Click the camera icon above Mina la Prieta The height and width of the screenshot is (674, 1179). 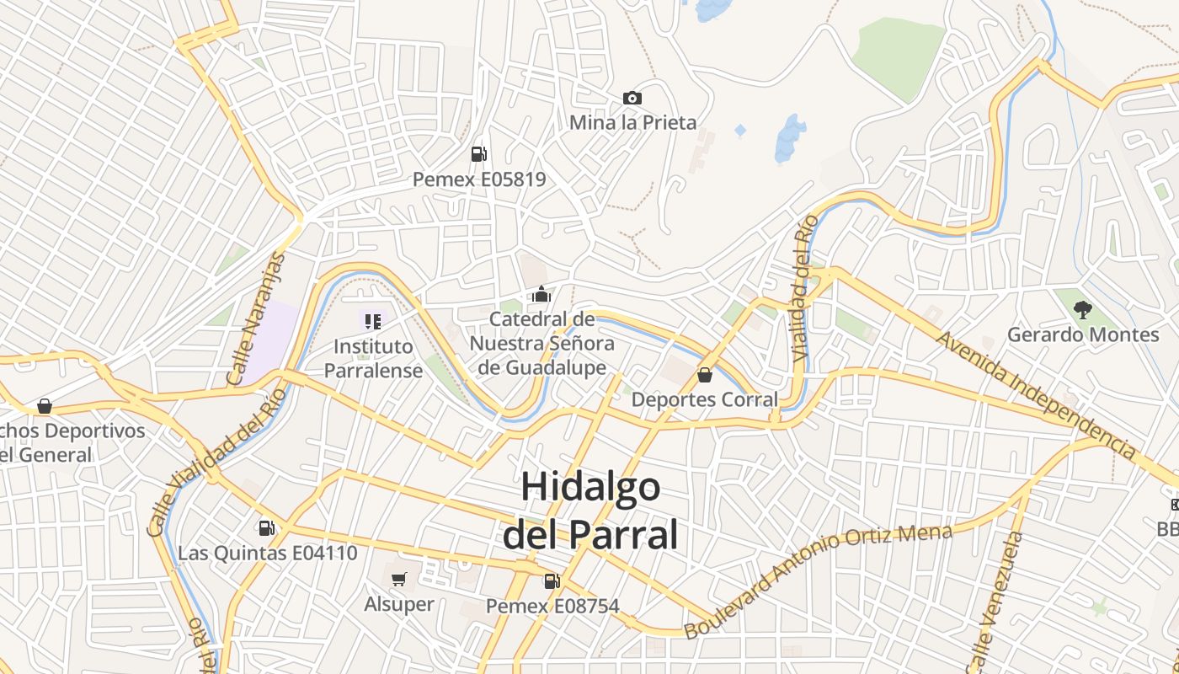(x=632, y=99)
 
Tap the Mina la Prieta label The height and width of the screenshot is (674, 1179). (x=632, y=123)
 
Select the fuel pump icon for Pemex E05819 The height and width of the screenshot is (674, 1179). (x=478, y=153)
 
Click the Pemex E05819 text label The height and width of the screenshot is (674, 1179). (x=478, y=179)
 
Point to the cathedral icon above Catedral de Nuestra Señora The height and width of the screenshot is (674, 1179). (x=541, y=294)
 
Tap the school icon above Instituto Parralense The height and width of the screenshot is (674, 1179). (x=373, y=321)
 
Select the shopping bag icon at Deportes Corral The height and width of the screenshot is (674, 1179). (x=705, y=375)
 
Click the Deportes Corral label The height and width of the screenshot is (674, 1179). (x=705, y=399)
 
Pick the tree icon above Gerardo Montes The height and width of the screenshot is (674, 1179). (x=1083, y=309)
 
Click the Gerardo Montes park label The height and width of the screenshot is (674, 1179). (x=1083, y=335)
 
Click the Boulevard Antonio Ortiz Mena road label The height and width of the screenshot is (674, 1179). (x=817, y=580)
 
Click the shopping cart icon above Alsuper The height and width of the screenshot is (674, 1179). (x=399, y=579)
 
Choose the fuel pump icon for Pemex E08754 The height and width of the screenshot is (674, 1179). (x=552, y=580)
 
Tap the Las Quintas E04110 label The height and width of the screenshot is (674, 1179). (x=268, y=554)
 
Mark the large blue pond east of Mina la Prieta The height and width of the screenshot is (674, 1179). (x=790, y=137)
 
